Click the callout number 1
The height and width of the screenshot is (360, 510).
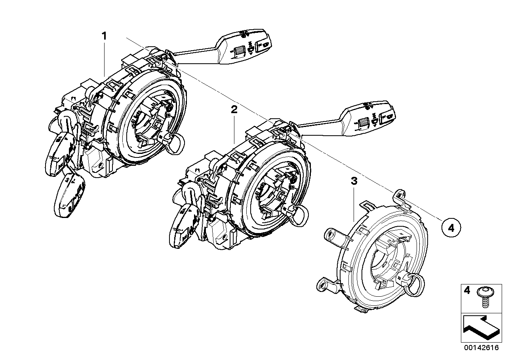tap(104, 36)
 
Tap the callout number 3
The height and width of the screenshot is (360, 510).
tap(354, 182)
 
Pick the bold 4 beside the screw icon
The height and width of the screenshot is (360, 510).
tap(467, 291)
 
